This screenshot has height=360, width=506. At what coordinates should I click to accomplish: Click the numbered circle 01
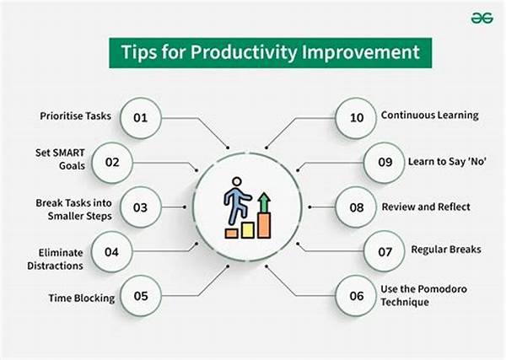(x=141, y=118)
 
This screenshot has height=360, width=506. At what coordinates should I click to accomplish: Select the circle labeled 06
(x=356, y=296)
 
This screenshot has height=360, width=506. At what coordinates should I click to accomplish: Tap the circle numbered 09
(x=385, y=163)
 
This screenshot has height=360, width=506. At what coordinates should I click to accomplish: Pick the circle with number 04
(x=112, y=252)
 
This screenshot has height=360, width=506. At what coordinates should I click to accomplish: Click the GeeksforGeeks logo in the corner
(x=482, y=18)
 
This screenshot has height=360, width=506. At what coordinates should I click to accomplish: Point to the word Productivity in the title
(x=244, y=52)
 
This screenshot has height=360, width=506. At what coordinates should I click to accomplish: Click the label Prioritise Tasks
(x=76, y=116)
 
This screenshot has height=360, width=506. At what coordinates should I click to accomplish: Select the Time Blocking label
(x=82, y=298)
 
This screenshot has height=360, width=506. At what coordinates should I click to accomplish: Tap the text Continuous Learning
(x=430, y=116)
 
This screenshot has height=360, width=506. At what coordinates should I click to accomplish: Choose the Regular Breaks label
(x=446, y=250)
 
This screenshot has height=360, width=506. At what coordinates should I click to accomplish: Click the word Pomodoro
(x=444, y=288)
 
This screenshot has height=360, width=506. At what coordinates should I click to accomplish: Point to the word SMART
(x=69, y=153)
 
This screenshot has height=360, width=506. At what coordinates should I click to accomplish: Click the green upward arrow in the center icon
(x=264, y=202)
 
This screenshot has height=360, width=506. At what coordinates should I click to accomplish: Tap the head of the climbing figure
(x=236, y=181)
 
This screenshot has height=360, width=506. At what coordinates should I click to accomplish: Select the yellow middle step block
(x=248, y=230)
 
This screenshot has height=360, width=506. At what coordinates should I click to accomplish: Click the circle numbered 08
(x=356, y=207)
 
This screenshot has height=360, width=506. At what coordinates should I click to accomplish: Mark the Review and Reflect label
(x=426, y=207)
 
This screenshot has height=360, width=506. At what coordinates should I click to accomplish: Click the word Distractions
(x=55, y=266)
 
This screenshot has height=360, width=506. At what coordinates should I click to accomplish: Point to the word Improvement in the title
(x=360, y=52)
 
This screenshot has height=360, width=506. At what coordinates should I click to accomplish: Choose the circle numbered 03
(x=141, y=207)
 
